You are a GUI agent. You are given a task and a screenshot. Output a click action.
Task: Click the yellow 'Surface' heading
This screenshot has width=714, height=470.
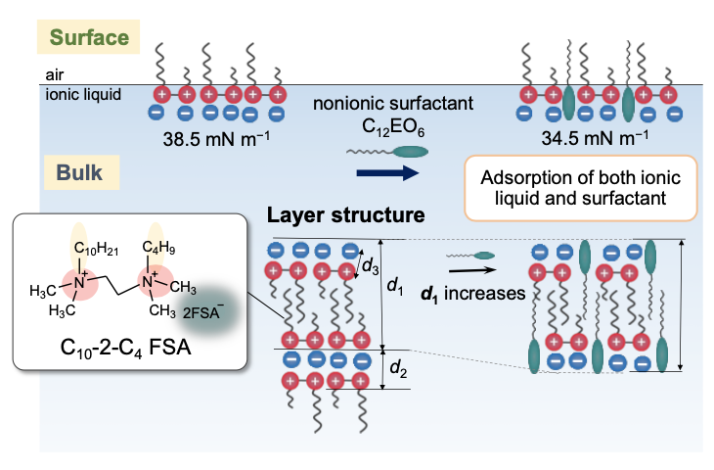(x=89, y=38)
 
